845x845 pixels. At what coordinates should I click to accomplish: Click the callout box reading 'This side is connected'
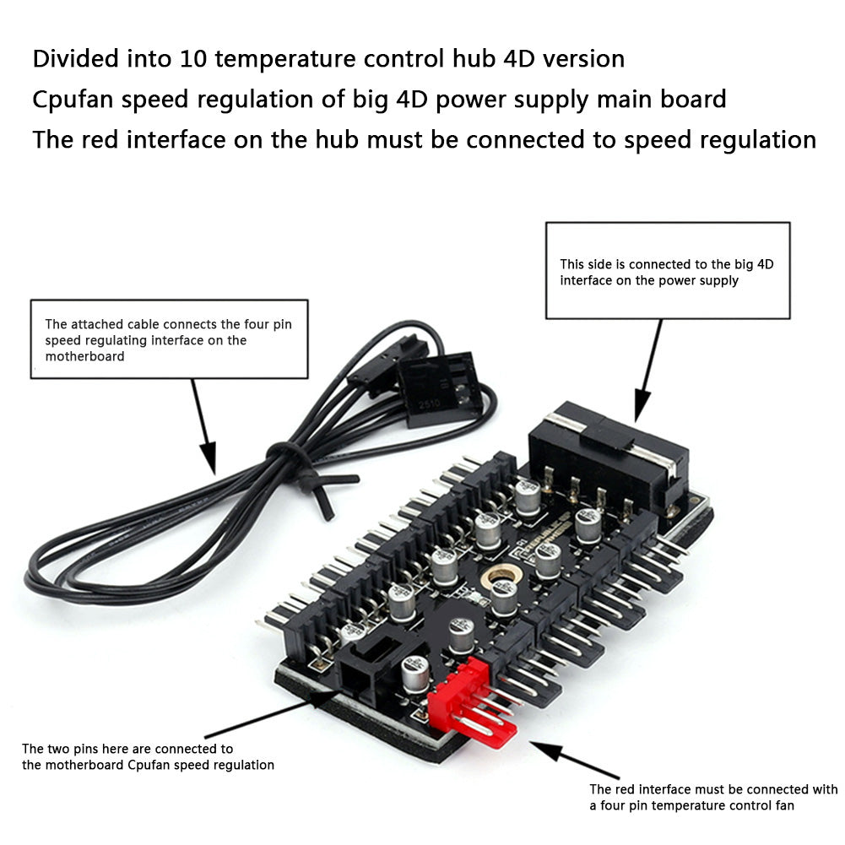[x=667, y=270]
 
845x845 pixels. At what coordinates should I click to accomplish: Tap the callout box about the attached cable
[x=169, y=339]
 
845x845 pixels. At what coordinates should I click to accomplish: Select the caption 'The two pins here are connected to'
[x=127, y=748]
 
